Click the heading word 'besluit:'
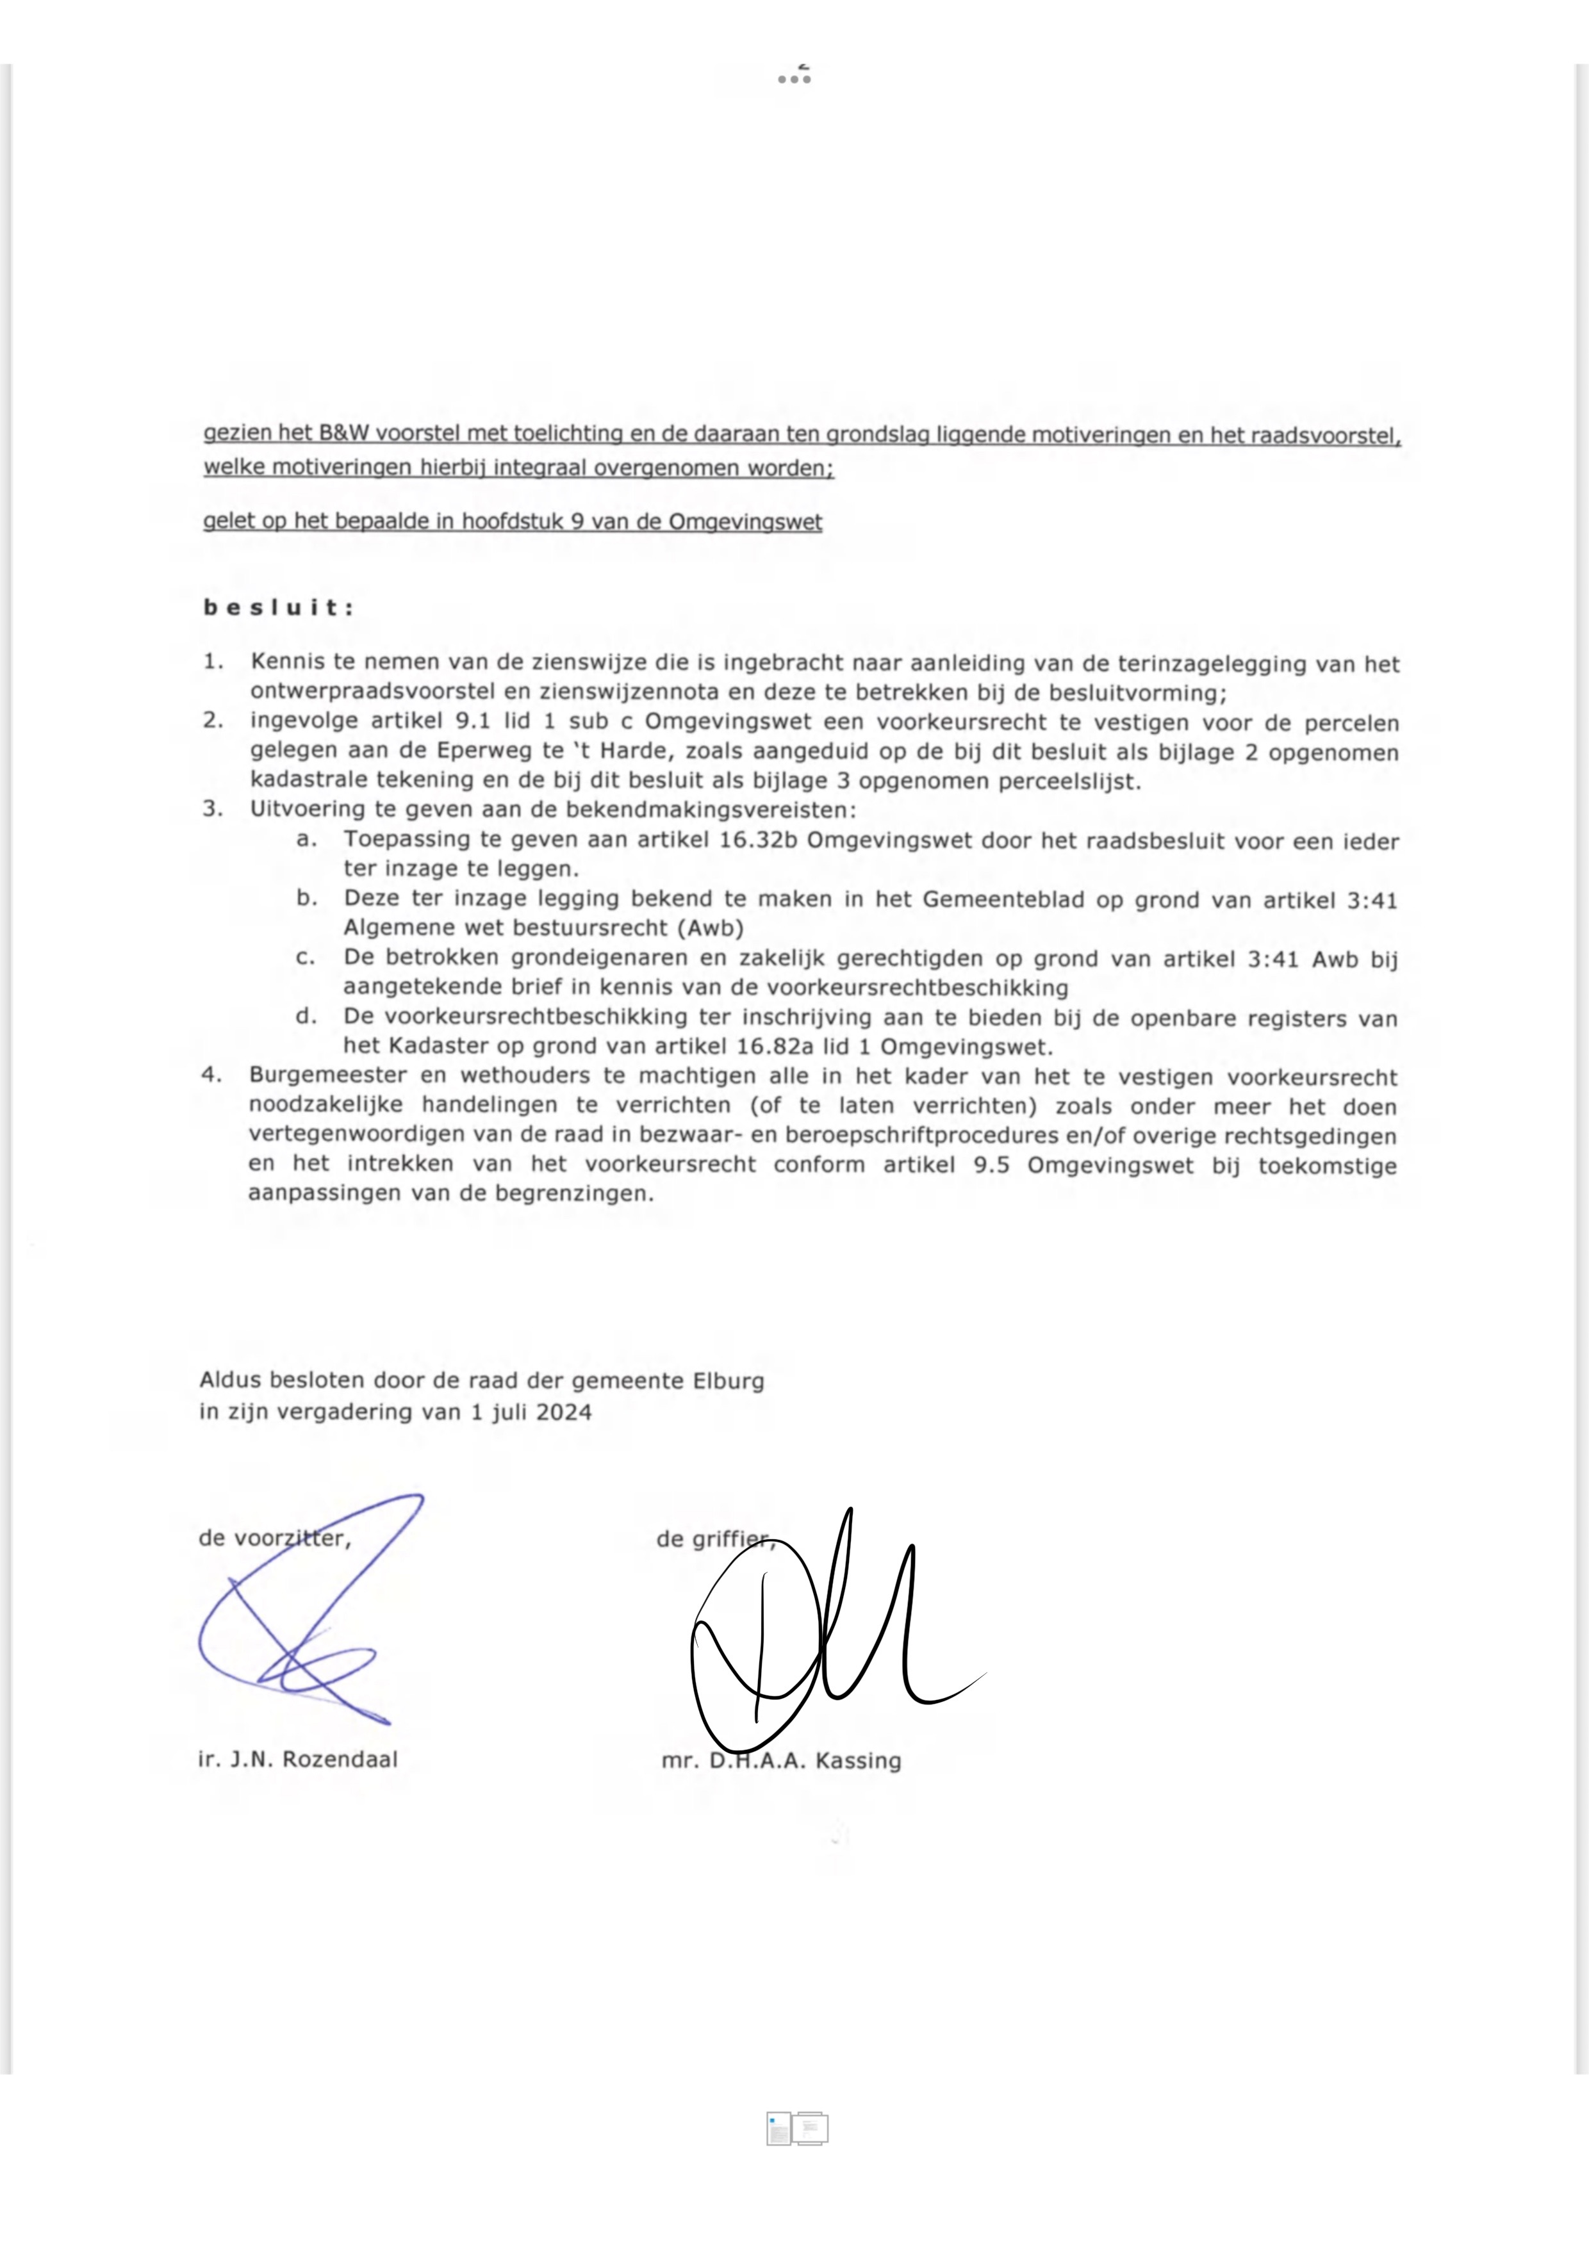(x=278, y=608)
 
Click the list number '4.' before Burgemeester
(x=211, y=1075)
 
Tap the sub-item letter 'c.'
(x=306, y=958)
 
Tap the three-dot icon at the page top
(x=794, y=78)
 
